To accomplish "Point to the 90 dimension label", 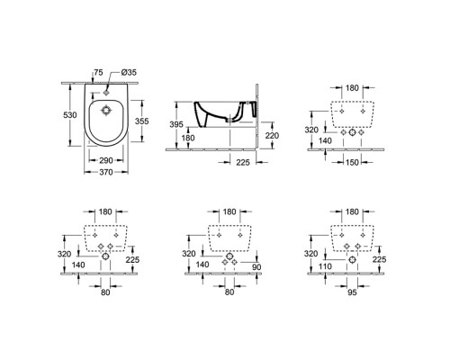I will pos(256,266).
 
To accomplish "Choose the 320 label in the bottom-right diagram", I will pos(309,254).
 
